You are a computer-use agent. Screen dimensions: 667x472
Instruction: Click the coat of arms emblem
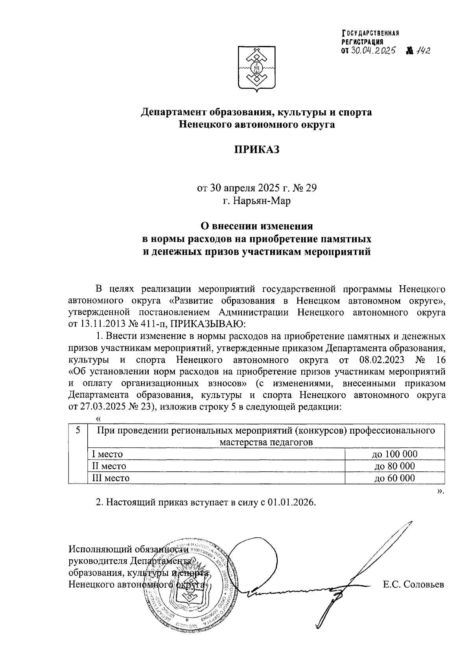click(x=257, y=69)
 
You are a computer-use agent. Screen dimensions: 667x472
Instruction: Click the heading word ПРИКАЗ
click(x=256, y=150)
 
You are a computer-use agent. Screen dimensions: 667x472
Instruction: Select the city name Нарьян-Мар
click(x=262, y=201)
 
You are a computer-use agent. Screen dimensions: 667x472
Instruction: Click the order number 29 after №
click(x=311, y=188)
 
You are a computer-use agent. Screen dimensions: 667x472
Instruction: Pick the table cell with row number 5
click(x=78, y=431)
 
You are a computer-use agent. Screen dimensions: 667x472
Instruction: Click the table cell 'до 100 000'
click(x=394, y=454)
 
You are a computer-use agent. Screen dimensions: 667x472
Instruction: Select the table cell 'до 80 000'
click(x=394, y=466)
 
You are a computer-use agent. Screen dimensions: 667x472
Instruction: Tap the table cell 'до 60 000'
click(x=394, y=478)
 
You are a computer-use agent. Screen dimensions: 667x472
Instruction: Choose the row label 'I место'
click(x=107, y=454)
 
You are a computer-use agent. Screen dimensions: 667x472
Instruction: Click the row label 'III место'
click(x=111, y=478)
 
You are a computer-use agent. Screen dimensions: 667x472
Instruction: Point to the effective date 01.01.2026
click(x=292, y=502)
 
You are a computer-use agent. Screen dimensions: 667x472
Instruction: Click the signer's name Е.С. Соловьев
click(x=413, y=584)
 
